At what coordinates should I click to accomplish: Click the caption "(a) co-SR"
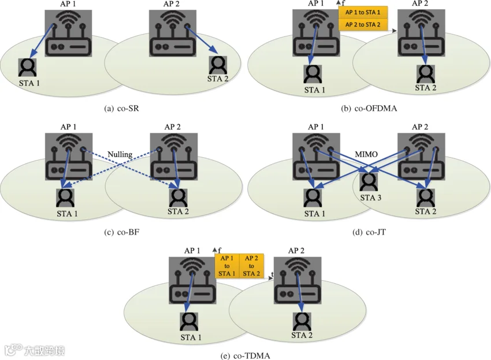121,109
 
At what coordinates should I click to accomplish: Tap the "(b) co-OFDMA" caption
369,109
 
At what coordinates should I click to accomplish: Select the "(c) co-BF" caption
121,232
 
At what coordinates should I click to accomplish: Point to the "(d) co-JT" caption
369,232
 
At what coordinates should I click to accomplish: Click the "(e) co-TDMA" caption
245,355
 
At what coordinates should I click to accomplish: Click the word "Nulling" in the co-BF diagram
120,154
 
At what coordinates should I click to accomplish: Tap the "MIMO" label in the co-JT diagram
366,154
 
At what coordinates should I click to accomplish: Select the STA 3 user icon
369,181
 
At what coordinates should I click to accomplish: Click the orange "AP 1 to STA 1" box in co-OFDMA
363,12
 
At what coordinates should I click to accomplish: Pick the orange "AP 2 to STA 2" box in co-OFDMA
363,24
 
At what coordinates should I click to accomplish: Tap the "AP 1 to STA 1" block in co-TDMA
227,266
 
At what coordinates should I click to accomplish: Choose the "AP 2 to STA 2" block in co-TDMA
251,266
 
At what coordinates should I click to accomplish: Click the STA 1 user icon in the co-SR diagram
28,68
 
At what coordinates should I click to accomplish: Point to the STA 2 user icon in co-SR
218,65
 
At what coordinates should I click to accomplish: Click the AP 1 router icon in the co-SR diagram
68,33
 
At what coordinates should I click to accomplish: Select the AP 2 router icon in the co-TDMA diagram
297,280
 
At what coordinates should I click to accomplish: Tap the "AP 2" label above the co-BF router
173,127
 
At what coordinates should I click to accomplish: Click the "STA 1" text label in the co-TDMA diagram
191,337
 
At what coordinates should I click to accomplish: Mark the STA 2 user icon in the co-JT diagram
426,198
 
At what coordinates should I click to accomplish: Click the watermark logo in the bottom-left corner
35,350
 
